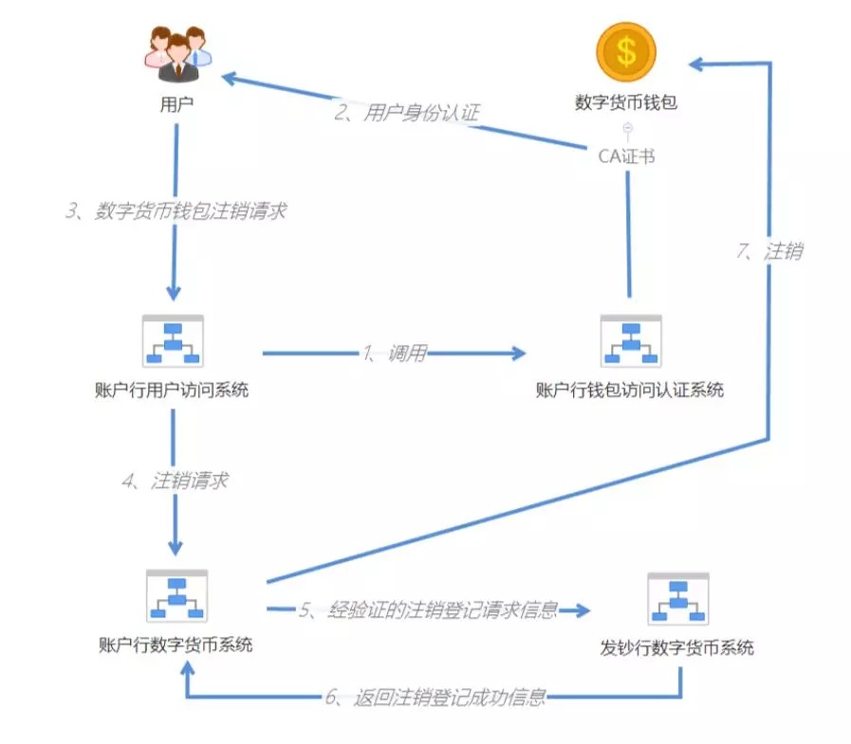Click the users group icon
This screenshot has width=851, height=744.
(x=178, y=55)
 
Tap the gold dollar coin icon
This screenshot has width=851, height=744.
(x=626, y=52)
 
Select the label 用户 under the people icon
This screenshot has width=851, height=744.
(x=176, y=104)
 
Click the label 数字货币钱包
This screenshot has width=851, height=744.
(x=626, y=102)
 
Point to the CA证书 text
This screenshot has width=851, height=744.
(x=626, y=156)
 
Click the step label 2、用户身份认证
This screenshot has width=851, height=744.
(x=406, y=113)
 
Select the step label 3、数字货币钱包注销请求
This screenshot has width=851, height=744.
(x=176, y=210)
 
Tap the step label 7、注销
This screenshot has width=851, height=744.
(x=769, y=251)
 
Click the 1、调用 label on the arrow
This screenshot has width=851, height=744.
(x=395, y=354)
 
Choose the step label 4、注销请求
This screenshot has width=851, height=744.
(x=176, y=481)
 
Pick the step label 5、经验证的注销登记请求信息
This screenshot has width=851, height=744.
(x=428, y=610)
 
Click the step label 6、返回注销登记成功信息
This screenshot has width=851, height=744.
(x=435, y=697)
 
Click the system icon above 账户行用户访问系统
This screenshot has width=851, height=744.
(x=173, y=341)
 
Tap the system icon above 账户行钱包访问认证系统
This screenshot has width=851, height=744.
(x=631, y=341)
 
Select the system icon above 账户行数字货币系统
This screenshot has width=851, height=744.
(x=176, y=596)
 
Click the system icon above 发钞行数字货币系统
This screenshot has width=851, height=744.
(x=678, y=599)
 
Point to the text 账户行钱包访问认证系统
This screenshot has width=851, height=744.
(x=630, y=390)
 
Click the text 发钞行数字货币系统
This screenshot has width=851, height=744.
(x=676, y=647)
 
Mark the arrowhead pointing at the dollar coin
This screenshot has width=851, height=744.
(x=695, y=64)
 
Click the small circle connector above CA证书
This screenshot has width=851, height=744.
(x=627, y=128)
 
